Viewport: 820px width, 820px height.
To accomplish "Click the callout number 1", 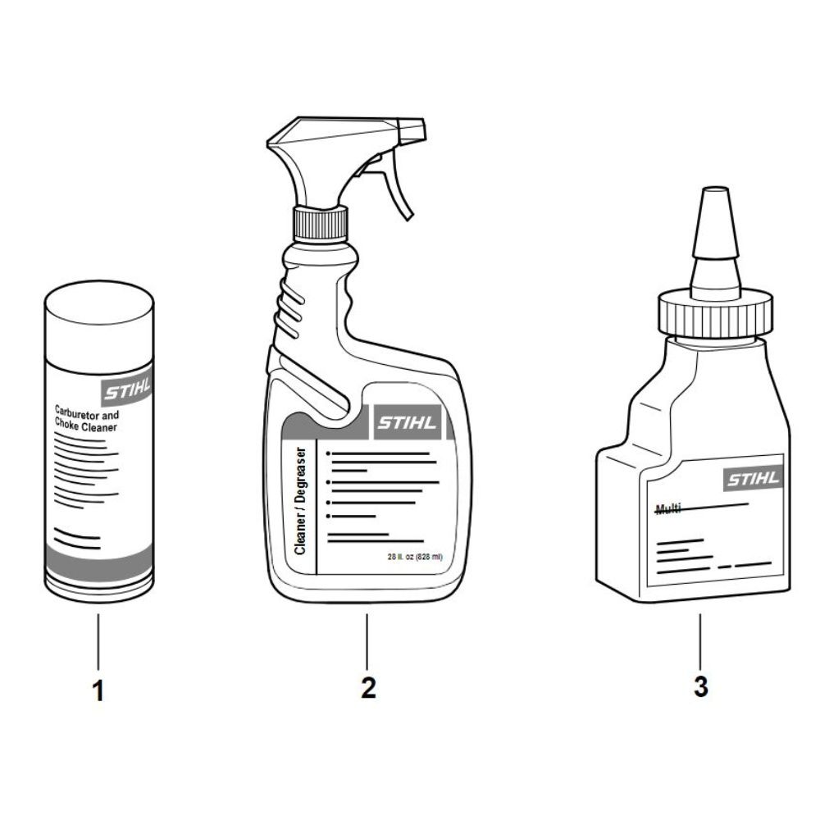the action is (98, 690).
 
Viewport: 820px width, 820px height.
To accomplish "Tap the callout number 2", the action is (368, 687).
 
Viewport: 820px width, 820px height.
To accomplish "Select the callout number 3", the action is (701, 686).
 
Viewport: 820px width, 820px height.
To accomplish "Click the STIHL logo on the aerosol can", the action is (127, 389).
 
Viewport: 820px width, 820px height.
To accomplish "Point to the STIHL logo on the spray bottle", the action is (407, 422).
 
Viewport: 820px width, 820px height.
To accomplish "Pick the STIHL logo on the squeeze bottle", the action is (754, 478).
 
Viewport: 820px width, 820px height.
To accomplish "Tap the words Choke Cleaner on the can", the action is (86, 426).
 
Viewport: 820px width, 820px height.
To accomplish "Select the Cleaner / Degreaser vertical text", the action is (300, 500).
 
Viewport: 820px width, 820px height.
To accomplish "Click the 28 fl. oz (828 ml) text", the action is (415, 557).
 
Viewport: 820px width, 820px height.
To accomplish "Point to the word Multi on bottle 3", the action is (668, 508).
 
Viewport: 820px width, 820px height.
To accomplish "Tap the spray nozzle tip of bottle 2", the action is (412, 130).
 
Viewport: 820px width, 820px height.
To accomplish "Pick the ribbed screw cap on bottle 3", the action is (715, 317).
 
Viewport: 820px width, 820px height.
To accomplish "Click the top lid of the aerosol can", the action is (99, 303).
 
